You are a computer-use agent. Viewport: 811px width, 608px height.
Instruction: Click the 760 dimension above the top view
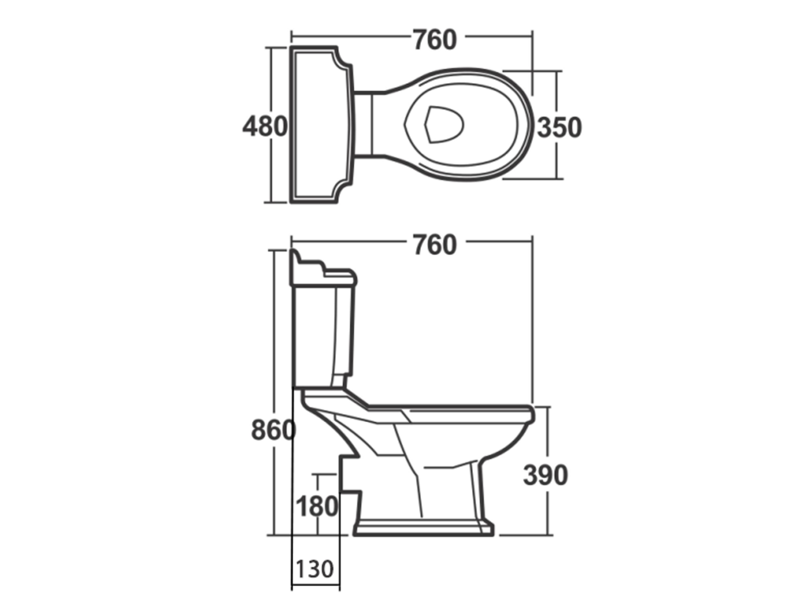(x=435, y=40)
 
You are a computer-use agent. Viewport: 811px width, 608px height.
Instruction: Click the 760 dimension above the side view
(x=435, y=245)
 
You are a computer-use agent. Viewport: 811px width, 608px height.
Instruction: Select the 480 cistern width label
(x=265, y=126)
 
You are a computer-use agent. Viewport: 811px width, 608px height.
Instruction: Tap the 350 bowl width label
(x=559, y=127)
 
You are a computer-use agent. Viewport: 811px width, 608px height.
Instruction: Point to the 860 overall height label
(x=273, y=430)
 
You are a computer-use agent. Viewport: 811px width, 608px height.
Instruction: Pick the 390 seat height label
(x=545, y=475)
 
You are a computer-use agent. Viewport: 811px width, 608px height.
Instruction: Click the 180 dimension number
(x=317, y=507)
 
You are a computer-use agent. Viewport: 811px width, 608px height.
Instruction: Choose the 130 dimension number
(x=315, y=569)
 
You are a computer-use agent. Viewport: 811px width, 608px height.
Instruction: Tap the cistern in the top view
(x=322, y=124)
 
